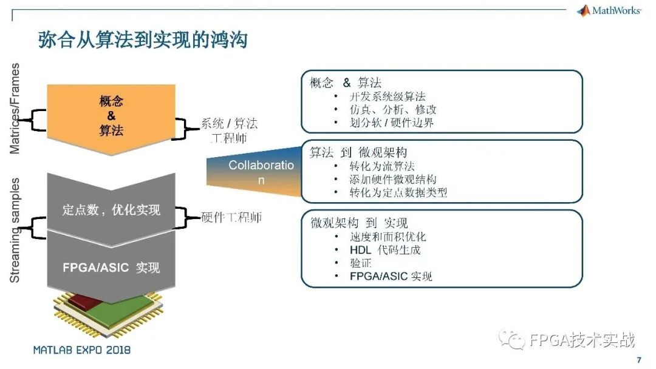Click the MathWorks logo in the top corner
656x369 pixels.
[608, 11]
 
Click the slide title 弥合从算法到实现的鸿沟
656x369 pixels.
[142, 41]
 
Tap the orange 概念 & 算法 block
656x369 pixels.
[111, 115]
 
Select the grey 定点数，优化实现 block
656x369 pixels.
[111, 210]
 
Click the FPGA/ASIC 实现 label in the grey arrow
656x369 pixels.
[111, 267]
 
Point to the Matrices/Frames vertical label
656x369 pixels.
[15, 109]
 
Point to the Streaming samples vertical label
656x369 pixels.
[15, 230]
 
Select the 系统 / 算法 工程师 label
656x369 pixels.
[229, 130]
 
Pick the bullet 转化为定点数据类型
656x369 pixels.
[398, 192]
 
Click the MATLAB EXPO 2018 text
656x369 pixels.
[82, 350]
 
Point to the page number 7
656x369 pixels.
[638, 361]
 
